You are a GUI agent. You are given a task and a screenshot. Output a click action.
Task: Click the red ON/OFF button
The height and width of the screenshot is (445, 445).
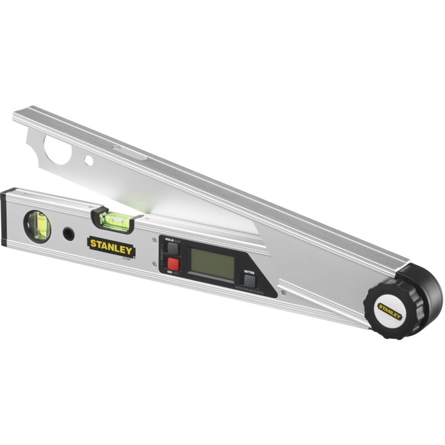[173, 264]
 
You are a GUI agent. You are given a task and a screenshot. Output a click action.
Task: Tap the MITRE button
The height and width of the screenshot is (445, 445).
[249, 281]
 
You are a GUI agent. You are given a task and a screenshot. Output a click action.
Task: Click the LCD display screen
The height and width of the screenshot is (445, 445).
[212, 264]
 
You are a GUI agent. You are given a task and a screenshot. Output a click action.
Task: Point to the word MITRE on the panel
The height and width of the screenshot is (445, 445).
[249, 271]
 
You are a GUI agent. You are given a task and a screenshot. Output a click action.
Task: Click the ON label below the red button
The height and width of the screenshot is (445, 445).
[169, 272]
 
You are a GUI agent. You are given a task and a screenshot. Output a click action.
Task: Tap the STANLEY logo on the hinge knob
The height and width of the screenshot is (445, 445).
[389, 310]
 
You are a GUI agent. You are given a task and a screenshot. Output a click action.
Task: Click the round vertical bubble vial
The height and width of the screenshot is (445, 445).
[37, 226]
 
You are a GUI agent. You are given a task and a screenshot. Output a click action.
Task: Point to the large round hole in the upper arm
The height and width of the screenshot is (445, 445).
[57, 151]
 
